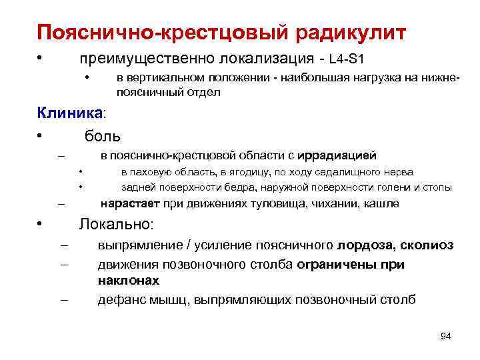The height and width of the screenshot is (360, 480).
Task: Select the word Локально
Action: (x=115, y=224)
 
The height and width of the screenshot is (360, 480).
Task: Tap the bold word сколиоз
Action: (x=427, y=245)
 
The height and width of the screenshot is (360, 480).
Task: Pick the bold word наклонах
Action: (x=128, y=281)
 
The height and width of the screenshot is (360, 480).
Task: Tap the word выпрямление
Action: (x=139, y=245)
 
